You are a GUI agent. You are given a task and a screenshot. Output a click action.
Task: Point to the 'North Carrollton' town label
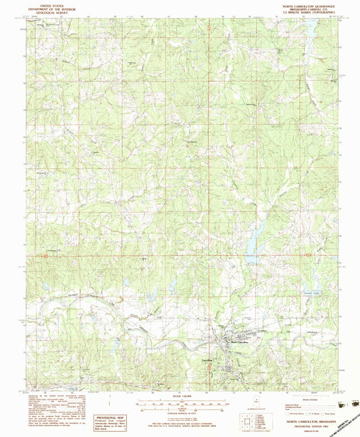click(240, 342)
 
